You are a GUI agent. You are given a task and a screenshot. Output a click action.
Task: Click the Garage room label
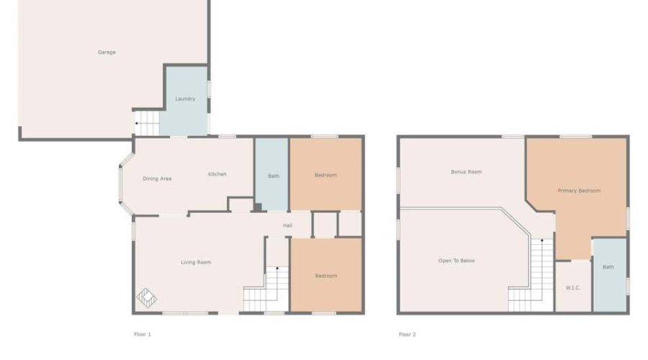coord(107,52)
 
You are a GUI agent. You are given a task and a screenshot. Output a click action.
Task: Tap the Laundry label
coord(185,99)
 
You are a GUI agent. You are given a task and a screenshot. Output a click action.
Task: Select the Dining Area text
coord(156,179)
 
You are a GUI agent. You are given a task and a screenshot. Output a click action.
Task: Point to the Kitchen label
coord(217,174)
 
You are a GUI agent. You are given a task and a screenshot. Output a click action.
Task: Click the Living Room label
coord(196,262)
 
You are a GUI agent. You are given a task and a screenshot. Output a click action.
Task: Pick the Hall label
coord(287,225)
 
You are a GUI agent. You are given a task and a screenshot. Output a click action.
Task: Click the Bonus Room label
coord(466,172)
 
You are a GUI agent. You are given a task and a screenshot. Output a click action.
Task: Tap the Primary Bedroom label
coord(579,191)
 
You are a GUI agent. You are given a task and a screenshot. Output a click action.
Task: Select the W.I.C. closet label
coord(573,288)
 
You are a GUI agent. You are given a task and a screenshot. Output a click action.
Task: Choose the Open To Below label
coord(456,261)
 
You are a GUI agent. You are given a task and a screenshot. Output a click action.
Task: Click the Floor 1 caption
coord(143,334)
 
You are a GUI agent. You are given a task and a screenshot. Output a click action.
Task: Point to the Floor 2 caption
coord(408,334)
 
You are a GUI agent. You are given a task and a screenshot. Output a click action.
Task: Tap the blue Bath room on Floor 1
coord(273,175)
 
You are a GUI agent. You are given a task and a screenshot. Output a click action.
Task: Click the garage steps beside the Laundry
coord(147,122)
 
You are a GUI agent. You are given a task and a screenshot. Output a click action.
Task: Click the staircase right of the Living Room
coord(267,288)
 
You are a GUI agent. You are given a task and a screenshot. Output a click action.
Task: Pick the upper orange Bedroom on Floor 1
coord(325,174)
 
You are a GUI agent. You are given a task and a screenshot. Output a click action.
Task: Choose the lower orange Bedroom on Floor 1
coord(325,275)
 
